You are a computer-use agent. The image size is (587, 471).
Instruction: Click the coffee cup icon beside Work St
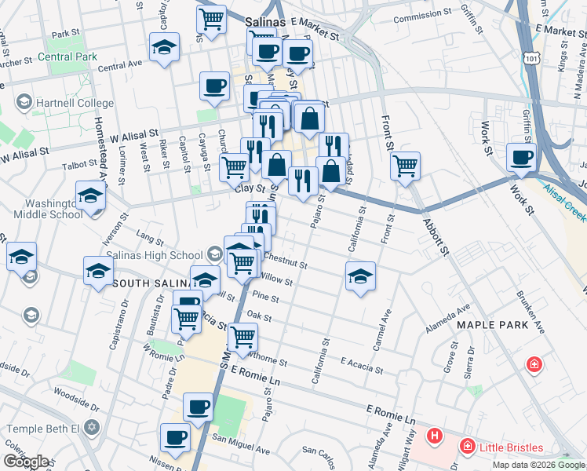click(521, 156)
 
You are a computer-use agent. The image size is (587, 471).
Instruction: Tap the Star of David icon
click(93, 429)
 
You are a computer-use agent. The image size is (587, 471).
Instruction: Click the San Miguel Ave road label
click(241, 451)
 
